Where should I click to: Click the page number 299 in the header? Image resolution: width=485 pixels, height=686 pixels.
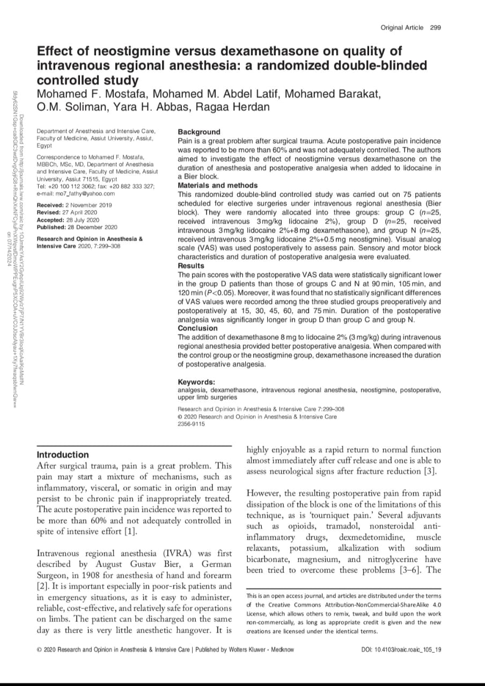click(x=435, y=27)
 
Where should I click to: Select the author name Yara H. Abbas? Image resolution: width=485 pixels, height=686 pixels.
click(x=157, y=106)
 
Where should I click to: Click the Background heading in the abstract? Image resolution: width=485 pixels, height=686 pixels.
click(x=199, y=132)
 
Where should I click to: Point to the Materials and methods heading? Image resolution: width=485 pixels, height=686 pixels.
click(x=217, y=185)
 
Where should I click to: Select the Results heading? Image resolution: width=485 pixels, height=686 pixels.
click(x=190, y=266)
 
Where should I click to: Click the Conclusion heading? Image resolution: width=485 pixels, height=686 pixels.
click(x=197, y=328)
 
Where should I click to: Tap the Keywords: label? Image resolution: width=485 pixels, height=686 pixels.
click(x=196, y=382)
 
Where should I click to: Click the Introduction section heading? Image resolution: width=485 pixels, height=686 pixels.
click(x=62, y=454)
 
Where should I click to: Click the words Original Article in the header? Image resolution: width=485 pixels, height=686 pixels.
click(x=401, y=27)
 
